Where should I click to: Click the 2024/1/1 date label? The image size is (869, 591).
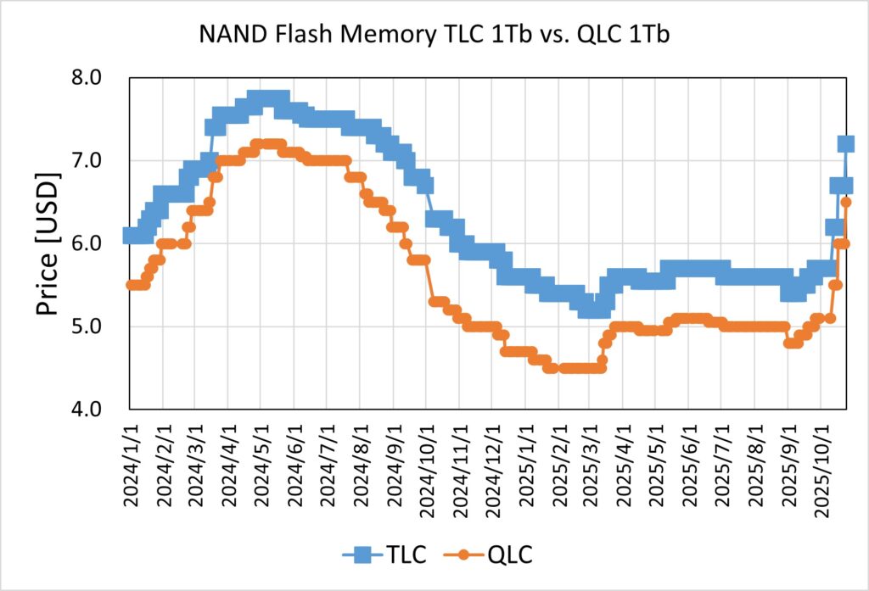(130, 462)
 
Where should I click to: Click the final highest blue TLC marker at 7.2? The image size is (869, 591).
(846, 144)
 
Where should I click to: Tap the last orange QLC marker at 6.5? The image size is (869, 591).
(845, 202)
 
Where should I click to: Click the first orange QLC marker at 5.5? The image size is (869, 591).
(130, 285)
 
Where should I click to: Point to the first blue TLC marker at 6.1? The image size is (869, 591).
(130, 235)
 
